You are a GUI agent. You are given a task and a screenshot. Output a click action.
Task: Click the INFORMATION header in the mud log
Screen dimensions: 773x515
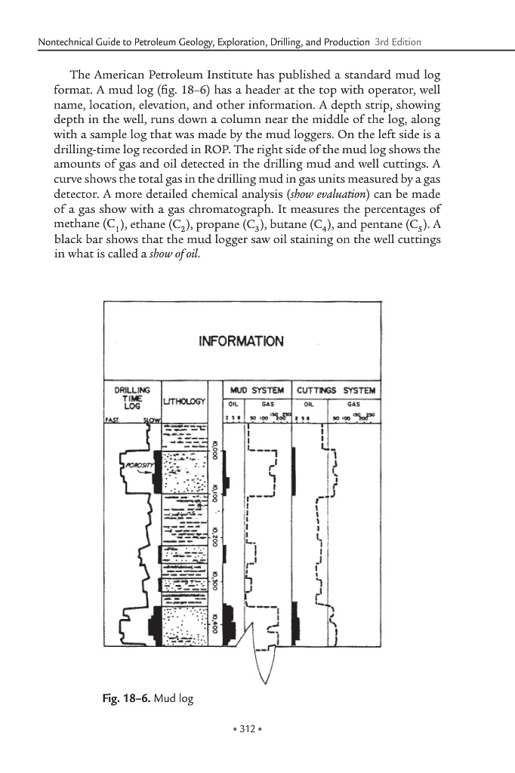[x=241, y=340]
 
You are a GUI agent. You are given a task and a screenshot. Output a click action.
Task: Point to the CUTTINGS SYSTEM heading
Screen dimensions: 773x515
[x=337, y=390]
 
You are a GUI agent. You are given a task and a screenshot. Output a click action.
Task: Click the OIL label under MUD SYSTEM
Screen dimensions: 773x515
[x=233, y=403]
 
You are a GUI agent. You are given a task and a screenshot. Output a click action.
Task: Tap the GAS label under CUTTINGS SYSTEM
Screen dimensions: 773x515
[x=353, y=403]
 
